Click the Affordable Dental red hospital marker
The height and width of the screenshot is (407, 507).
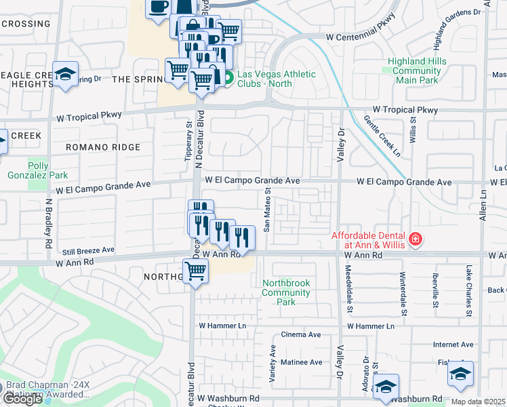tap(415, 239)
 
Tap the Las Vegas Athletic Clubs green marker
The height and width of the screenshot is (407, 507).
tap(229, 79)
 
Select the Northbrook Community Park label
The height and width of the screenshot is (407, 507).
tap(286, 292)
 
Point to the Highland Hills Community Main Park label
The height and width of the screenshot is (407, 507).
tap(416, 71)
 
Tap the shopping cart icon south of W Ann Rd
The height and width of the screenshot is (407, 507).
tap(196, 271)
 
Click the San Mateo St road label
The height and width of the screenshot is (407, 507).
tap(267, 211)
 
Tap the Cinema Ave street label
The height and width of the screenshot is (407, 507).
tap(300, 334)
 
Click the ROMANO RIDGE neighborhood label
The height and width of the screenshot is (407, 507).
tap(103, 147)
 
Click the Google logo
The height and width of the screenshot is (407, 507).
tap(22, 399)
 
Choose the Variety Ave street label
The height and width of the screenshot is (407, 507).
tap(273, 363)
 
